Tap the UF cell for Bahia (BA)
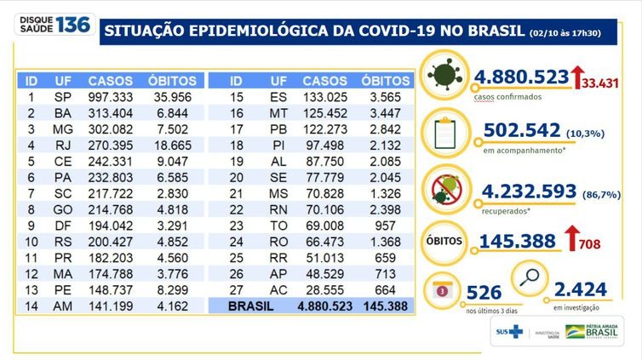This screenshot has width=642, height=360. (62, 113)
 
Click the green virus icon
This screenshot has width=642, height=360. (445, 74)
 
